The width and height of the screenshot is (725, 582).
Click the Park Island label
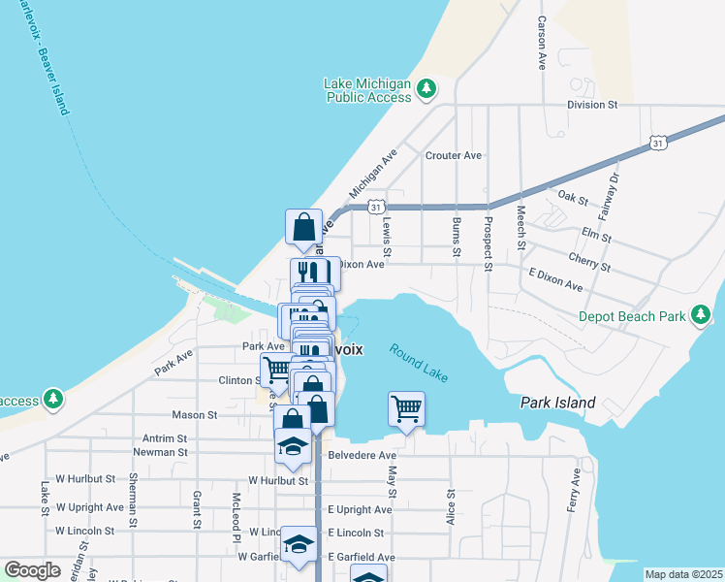554,402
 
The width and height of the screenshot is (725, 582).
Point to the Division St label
592,104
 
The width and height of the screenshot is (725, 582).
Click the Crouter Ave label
453,155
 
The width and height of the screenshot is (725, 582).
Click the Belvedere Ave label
362,455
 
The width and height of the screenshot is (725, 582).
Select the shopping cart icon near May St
407,407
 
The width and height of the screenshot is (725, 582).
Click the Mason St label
195,414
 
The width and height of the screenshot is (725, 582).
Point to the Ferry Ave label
575,491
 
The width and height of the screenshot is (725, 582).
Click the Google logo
33,570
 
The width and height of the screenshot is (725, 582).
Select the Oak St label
574,199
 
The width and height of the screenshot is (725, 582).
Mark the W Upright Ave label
90,506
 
